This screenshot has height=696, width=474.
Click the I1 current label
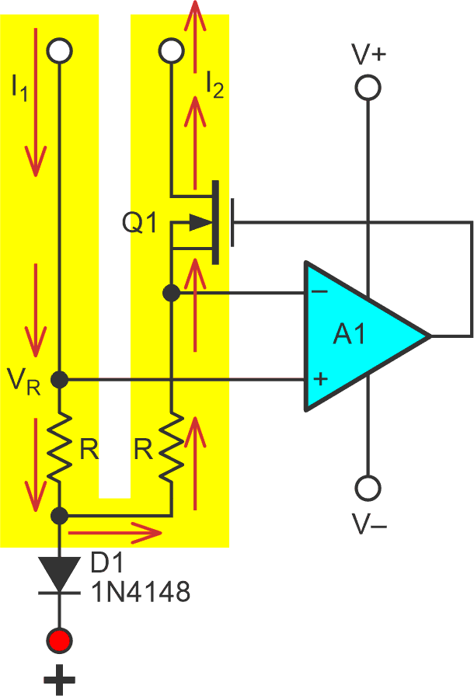(19, 89)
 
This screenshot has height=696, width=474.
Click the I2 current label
(214, 83)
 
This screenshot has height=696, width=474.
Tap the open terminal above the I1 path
(60, 51)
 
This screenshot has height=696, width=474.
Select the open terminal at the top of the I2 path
(169, 51)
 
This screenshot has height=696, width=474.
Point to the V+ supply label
(368, 54)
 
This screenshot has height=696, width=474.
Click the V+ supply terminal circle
(368, 88)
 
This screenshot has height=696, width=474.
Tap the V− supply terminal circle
(368, 489)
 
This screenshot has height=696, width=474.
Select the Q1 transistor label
(140, 224)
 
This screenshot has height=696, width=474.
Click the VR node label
(24, 381)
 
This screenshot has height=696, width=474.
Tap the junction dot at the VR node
(60, 380)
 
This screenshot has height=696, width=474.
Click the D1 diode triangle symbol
(60, 575)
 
